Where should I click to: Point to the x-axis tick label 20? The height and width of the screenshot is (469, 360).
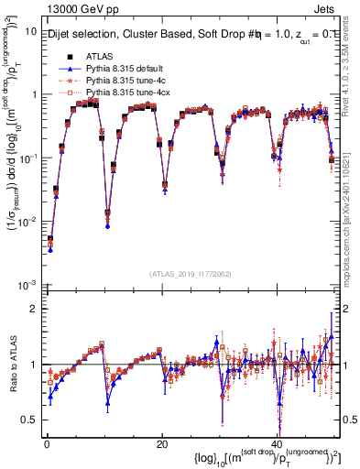pyautogui.click(x=162, y=443)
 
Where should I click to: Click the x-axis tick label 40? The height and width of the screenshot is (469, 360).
pyautogui.click(x=277, y=443)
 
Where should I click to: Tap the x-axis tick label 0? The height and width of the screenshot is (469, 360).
pyautogui.click(x=47, y=443)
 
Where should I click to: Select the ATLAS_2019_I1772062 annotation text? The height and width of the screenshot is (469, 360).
pyautogui.click(x=191, y=273)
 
